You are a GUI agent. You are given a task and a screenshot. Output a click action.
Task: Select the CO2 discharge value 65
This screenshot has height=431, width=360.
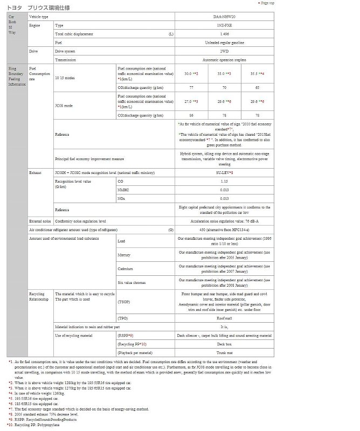257,86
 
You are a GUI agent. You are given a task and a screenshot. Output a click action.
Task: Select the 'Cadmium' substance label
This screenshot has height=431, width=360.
126,268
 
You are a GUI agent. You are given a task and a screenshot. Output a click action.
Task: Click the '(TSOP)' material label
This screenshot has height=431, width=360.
124,303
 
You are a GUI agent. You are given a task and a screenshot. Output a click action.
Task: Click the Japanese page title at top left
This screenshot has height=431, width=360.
38,8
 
